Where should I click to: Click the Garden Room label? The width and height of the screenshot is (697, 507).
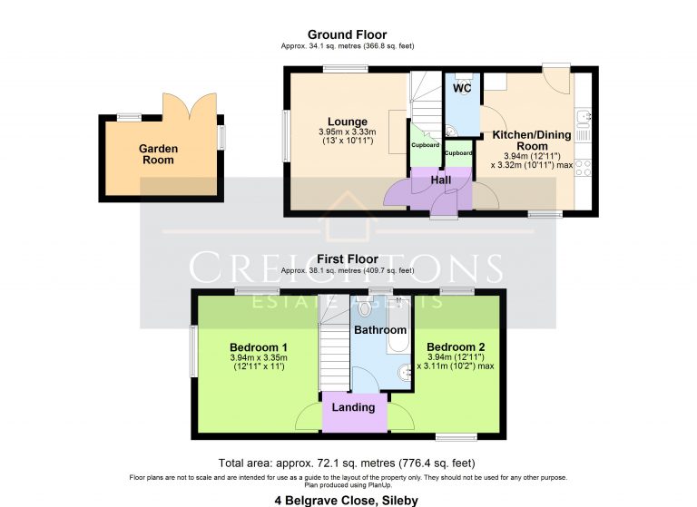[x=158, y=154]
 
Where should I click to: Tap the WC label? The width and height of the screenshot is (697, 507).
[x=462, y=89]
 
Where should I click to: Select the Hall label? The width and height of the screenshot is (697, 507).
[x=441, y=180]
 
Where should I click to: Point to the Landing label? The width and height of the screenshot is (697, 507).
[x=353, y=407]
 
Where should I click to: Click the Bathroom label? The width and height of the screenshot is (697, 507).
[x=379, y=330]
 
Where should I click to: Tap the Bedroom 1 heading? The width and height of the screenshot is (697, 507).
[x=259, y=347]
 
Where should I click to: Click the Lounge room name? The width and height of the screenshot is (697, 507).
[x=348, y=122]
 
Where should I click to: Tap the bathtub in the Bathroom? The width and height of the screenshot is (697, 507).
[x=398, y=332]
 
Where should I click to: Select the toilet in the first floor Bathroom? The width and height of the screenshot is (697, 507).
[x=365, y=309]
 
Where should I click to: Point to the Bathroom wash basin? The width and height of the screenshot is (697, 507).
[x=402, y=372]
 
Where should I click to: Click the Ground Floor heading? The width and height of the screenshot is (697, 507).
[x=347, y=34]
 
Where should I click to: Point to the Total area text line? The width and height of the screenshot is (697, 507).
[x=348, y=463]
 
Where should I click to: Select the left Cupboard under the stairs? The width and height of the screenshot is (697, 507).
[x=425, y=146]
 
